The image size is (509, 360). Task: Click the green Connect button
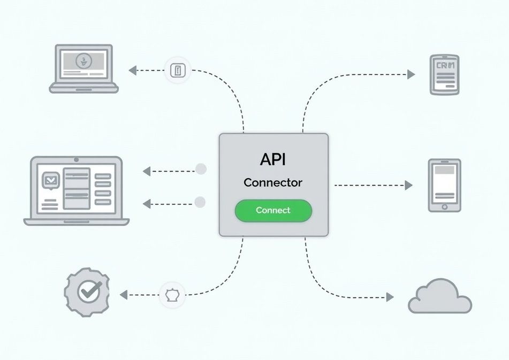273,210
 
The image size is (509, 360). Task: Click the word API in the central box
273,159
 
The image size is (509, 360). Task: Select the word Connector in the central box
273,182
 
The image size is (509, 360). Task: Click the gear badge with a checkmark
86,292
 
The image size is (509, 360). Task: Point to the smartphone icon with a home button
444,185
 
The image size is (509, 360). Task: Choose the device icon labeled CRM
444,74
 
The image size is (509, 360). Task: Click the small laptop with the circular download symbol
83,68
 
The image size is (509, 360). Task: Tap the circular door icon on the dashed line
178,70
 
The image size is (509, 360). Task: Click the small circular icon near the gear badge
172,295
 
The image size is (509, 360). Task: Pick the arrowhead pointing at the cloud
390,297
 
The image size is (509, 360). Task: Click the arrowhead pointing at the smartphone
409,185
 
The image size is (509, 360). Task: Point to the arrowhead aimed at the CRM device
411,74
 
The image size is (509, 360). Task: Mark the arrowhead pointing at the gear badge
124,295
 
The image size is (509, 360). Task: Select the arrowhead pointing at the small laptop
132,70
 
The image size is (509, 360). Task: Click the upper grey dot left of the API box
201,169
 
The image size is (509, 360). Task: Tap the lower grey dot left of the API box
200,202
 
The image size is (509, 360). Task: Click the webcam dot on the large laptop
77,159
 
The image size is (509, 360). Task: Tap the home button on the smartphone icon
444,206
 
